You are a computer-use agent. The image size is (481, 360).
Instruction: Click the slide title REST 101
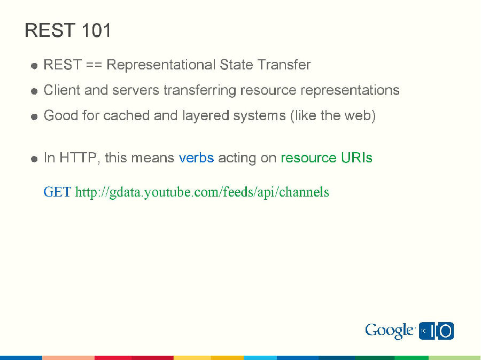coord(68,30)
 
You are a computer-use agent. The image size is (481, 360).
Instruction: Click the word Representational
coord(161,65)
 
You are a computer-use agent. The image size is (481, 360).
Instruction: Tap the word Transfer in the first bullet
coord(284,65)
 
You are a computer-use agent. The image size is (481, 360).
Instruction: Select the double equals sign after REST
coord(94,65)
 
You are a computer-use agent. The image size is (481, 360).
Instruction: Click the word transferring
coord(200,90)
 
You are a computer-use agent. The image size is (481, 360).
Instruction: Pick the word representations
coord(350,90)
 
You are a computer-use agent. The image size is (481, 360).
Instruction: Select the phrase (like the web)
coord(333,115)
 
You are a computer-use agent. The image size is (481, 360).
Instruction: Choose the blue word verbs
coord(196,158)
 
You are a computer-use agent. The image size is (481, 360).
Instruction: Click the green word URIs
coord(356,158)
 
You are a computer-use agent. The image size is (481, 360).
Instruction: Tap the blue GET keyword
coord(57,192)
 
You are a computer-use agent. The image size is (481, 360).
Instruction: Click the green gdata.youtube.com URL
coord(202,192)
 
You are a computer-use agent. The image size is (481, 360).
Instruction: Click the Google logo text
coord(390,331)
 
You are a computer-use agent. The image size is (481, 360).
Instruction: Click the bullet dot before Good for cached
coord(34,116)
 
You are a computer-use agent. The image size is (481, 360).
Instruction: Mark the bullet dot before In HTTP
coord(34,159)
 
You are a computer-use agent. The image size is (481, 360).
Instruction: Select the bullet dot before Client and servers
coord(34,91)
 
